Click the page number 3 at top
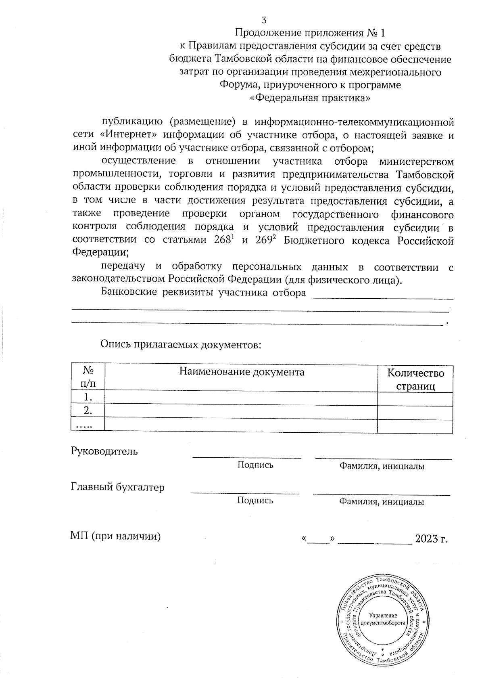(x=264, y=20)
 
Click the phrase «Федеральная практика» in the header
(x=310, y=98)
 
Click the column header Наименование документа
(x=242, y=371)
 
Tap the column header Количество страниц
(x=415, y=379)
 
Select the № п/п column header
(x=88, y=377)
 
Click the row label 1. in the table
(x=88, y=398)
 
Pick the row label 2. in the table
(x=88, y=411)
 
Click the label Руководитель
(x=104, y=451)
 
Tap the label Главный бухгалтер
(x=117, y=487)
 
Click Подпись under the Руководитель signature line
(x=255, y=465)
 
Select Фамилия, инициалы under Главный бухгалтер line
(x=381, y=502)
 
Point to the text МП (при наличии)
(x=115, y=536)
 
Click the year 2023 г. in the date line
(x=431, y=539)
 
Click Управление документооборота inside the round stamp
(x=383, y=619)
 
